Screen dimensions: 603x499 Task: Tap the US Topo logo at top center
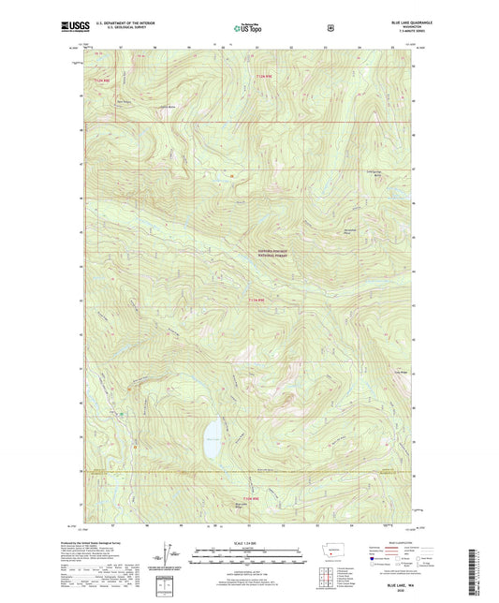[248, 29]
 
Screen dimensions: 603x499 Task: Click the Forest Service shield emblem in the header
[330, 28]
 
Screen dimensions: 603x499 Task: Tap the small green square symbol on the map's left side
[121, 411]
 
